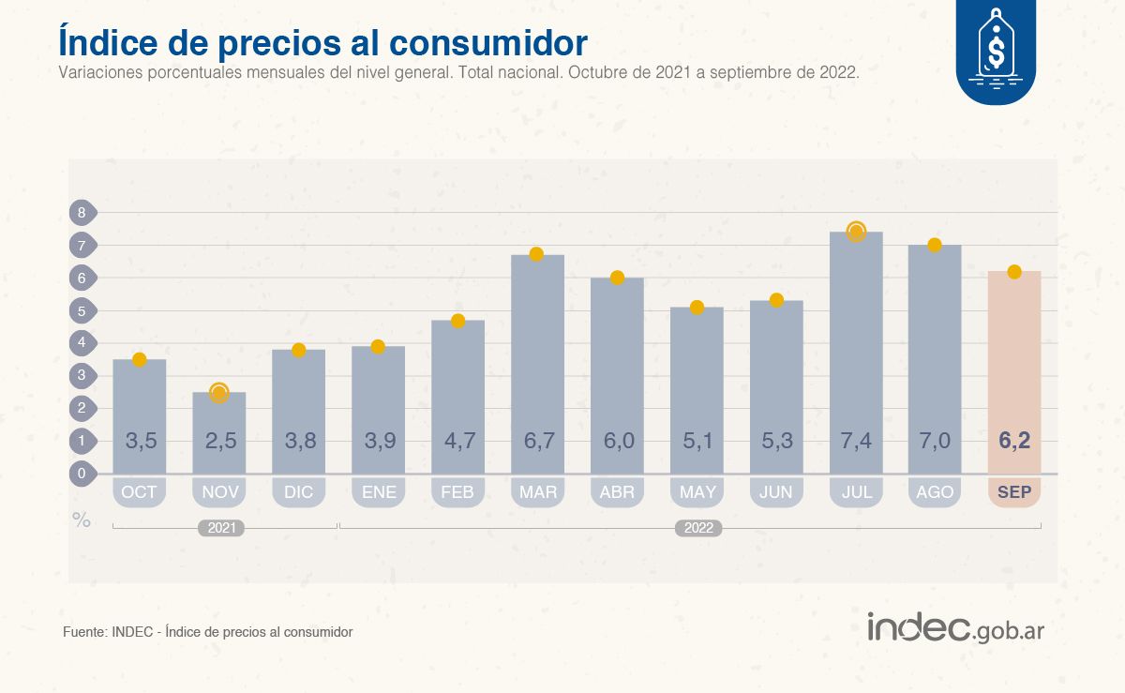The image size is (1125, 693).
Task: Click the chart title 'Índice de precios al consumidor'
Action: coord(323,42)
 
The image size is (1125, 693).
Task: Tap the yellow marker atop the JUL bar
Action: coord(856,232)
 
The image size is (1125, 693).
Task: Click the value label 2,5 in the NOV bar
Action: coord(219,441)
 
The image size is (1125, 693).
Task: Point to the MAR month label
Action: coord(537,492)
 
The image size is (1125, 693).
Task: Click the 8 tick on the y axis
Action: coord(82,213)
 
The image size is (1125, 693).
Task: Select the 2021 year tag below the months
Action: coord(221,529)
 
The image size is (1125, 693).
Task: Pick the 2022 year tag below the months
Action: coord(698,529)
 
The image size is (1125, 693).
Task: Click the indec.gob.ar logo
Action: coord(954,628)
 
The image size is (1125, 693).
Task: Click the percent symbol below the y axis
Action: coord(82,520)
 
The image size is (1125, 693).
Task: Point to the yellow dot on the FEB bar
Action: coord(457,321)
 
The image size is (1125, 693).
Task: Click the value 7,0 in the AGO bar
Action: coord(935,441)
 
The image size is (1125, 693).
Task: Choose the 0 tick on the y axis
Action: coord(82,474)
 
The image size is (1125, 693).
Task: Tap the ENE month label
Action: coord(378,492)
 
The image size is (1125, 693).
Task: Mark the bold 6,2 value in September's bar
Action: coord(1013,441)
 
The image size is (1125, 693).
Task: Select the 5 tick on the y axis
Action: coord(82,310)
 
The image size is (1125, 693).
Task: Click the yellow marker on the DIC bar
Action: coord(299,350)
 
